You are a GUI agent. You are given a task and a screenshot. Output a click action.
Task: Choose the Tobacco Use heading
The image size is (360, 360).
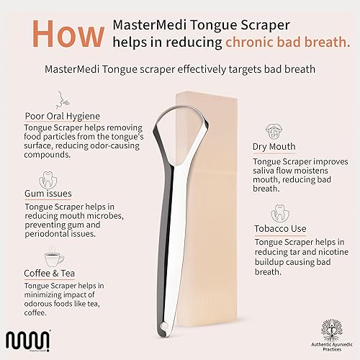pos(280,228)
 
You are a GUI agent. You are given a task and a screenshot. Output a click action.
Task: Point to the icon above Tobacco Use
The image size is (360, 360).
pos(279,212)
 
